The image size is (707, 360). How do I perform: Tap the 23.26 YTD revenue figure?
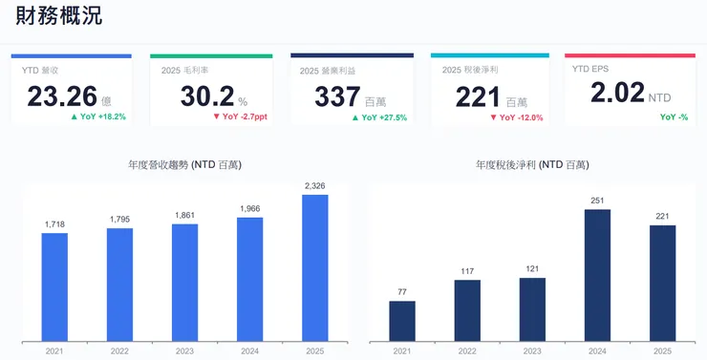point(62,96)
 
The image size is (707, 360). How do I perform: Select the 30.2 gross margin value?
point(206,96)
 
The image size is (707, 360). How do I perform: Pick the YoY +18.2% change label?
point(98,117)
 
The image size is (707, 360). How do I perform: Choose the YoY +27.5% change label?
point(379,117)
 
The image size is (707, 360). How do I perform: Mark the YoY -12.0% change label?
point(517,117)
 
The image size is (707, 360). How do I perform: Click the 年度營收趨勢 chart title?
point(184,165)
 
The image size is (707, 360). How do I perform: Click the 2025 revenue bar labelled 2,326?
point(314,267)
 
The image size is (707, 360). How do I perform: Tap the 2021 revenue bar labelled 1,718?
point(54,286)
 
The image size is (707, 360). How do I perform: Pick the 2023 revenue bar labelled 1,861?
point(184,282)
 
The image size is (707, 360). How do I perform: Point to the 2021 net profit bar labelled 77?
point(402,321)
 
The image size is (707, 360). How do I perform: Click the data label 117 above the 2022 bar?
point(467,271)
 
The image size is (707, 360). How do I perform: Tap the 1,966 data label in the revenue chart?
point(249,209)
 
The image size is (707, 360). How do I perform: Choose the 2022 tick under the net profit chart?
point(467,350)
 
